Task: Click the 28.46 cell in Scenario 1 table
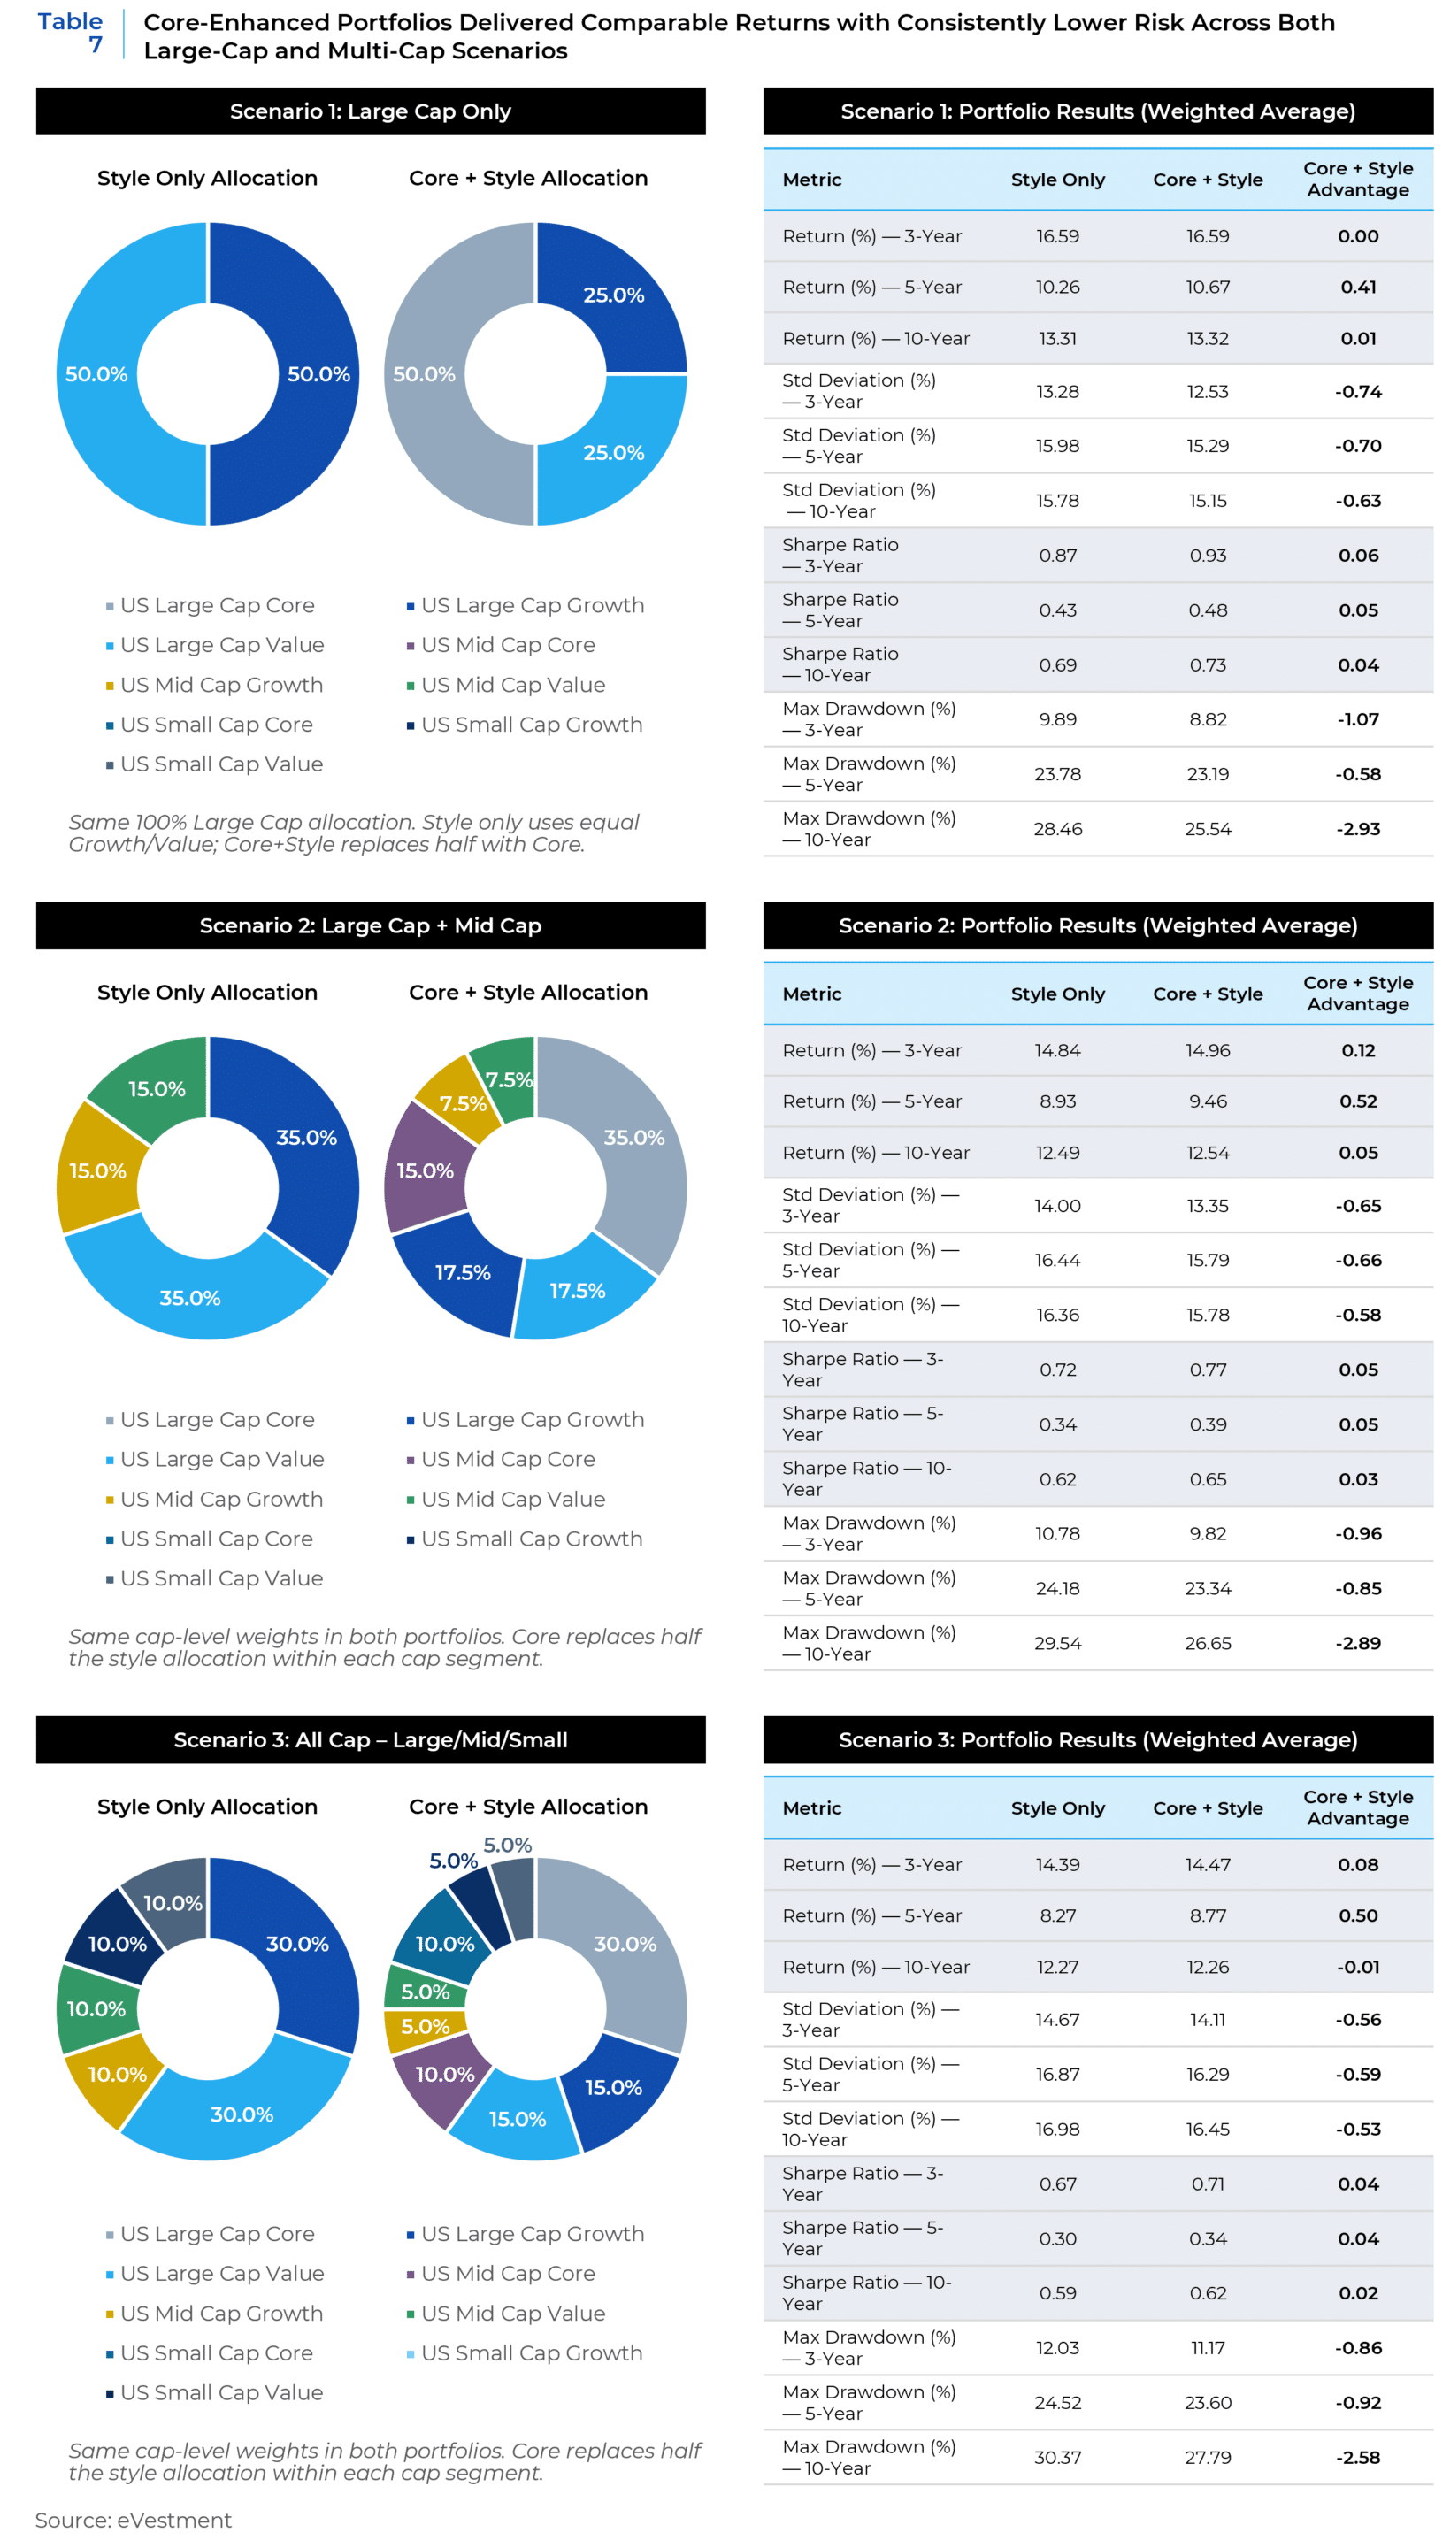(1057, 829)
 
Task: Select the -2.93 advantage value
(1358, 829)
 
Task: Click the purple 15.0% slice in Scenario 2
(426, 1171)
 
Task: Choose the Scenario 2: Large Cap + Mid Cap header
(370, 925)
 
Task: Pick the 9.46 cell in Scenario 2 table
(1208, 1101)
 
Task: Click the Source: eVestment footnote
(134, 2520)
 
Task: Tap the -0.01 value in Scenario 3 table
(1358, 1967)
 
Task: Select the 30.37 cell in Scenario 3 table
(1057, 2457)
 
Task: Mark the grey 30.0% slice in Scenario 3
(625, 1945)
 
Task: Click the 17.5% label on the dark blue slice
(463, 1273)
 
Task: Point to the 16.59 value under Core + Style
(1208, 236)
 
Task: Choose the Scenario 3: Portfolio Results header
(1098, 1740)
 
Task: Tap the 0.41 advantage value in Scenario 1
(1358, 287)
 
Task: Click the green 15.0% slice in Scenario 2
(157, 1088)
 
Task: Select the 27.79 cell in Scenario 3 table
(1208, 2457)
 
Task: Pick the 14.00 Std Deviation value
(1057, 1206)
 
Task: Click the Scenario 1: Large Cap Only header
(370, 111)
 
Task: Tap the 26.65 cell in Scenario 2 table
(1208, 1643)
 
